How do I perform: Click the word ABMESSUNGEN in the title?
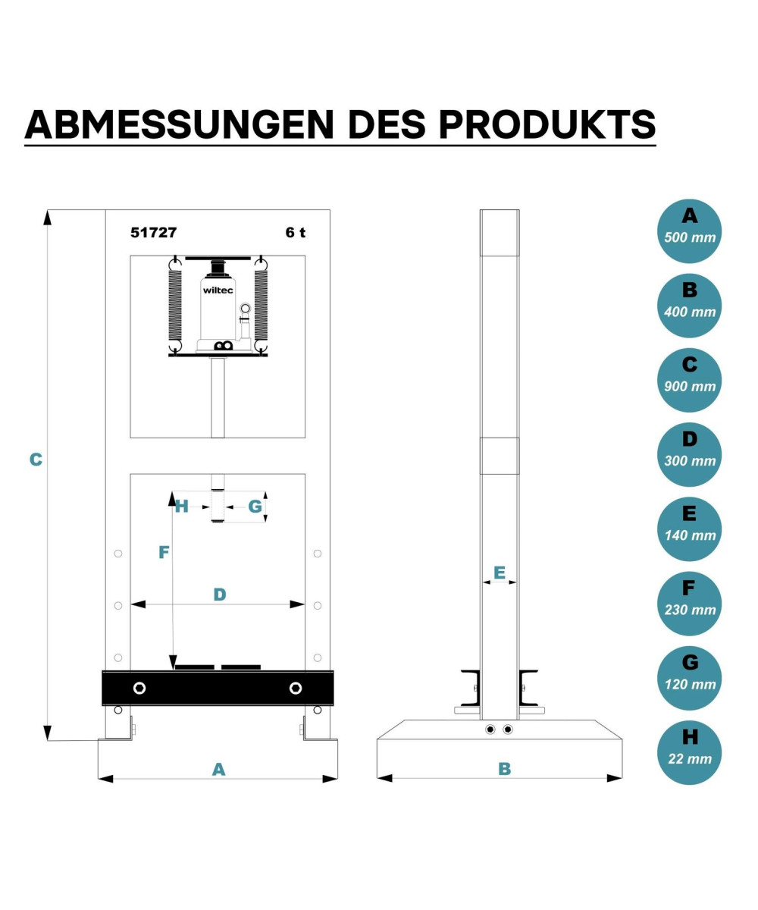point(180,124)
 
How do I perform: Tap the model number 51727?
point(154,233)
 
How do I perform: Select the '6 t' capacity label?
point(296,233)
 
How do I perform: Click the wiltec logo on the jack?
point(218,290)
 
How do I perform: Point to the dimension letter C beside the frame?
point(36,460)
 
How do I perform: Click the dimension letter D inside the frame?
point(220,595)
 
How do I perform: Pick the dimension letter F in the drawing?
point(164,552)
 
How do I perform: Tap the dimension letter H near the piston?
point(182,507)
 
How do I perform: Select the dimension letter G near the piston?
point(255,507)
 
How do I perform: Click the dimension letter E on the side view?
point(500,573)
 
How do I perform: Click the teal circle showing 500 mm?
point(690,231)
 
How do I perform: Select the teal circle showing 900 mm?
point(690,380)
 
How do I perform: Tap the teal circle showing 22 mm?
point(690,753)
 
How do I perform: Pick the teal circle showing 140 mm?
point(690,529)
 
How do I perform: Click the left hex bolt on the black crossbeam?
point(139,688)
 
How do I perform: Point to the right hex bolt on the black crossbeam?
point(296,688)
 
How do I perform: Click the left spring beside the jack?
point(175,305)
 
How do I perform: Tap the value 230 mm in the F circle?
point(690,610)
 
